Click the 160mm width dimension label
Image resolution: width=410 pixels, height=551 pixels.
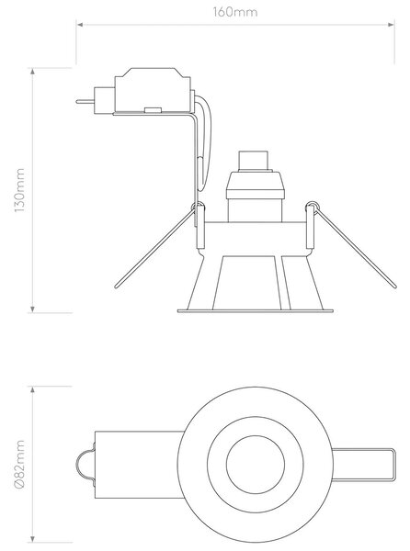coord(235,12)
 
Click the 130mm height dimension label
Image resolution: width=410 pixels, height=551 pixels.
coord(19,190)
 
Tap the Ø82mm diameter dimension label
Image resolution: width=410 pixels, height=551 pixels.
coord(19,464)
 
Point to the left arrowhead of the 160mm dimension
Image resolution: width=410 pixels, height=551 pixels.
coord(79,25)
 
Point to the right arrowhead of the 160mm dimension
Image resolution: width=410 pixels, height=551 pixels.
coord(391,25)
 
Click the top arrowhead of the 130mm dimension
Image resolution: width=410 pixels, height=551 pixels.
coord(33,72)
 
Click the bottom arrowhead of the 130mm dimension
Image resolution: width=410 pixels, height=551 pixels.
coord(33,309)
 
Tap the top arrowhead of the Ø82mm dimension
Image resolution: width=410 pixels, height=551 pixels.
coord(33,389)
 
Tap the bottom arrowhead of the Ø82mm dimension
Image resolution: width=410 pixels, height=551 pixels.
coord(33,539)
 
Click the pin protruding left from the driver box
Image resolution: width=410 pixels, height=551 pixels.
coord(85,102)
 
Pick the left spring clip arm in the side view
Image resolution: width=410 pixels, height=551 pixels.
coord(154,249)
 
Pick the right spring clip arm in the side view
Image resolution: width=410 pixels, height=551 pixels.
coord(356,249)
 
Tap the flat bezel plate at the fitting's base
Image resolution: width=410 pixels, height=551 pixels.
coord(255,311)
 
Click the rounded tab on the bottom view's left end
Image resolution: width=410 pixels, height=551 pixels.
coord(85,465)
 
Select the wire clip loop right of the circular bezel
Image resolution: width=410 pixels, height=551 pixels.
coord(393,465)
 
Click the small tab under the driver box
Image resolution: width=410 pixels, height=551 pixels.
coord(153,110)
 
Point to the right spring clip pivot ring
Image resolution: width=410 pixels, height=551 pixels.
coord(312,205)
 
